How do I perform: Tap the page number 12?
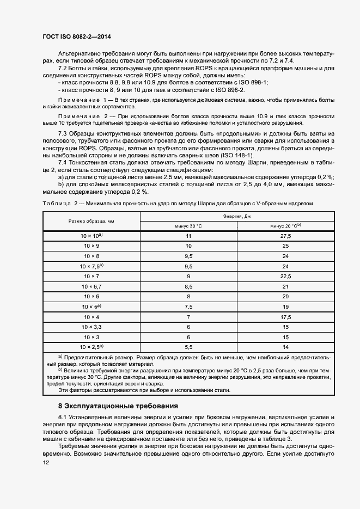(46, 462)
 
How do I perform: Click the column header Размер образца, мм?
(91, 221)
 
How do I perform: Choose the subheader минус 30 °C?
(188, 226)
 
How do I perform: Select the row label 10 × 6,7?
(91, 286)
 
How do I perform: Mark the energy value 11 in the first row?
(188, 236)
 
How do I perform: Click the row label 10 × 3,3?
(91, 326)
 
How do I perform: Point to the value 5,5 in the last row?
(188, 346)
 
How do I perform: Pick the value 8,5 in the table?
(188, 286)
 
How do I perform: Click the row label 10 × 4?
(91, 316)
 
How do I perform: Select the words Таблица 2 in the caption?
(56, 203)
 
